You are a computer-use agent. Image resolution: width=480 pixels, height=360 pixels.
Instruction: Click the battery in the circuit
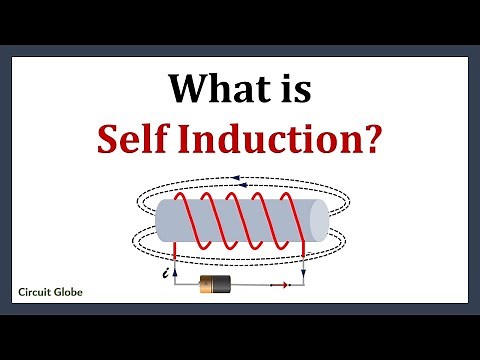(x=218, y=284)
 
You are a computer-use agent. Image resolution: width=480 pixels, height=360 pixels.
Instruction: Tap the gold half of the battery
(x=209, y=284)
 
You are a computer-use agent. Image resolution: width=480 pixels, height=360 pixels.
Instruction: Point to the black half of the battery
(x=227, y=284)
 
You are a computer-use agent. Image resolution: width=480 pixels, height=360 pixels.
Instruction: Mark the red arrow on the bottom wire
(x=277, y=285)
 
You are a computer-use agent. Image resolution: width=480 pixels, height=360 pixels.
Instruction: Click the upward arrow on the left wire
(x=176, y=267)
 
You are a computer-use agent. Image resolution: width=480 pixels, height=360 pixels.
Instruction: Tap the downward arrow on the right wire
(x=304, y=266)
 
